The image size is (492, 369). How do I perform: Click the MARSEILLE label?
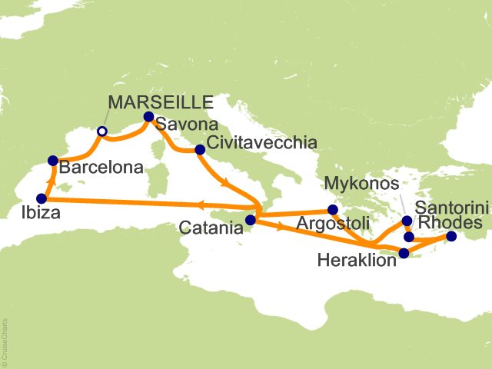click(x=160, y=102)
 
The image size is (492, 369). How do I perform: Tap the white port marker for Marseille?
click(x=101, y=131)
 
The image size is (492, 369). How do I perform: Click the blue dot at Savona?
click(x=149, y=118)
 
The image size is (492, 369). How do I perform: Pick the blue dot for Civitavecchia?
click(x=200, y=150)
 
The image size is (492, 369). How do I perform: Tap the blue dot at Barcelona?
click(x=52, y=161)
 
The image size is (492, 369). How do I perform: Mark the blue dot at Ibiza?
click(x=42, y=198)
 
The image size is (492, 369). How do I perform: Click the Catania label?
click(x=214, y=228)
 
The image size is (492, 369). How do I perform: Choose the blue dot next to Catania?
click(x=250, y=220)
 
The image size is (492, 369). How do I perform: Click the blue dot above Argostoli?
click(x=333, y=209)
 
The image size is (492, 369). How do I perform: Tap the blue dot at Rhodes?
click(x=450, y=237)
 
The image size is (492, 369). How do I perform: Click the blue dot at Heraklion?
click(x=404, y=252)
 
